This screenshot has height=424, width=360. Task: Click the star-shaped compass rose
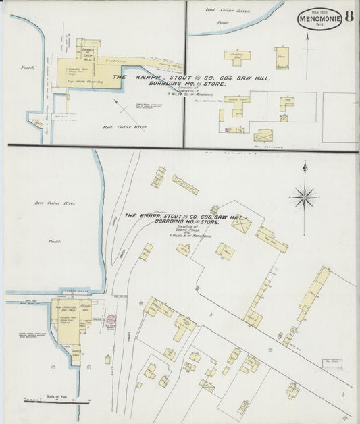[304, 198]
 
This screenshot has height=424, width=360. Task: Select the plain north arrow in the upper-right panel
[308, 51]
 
